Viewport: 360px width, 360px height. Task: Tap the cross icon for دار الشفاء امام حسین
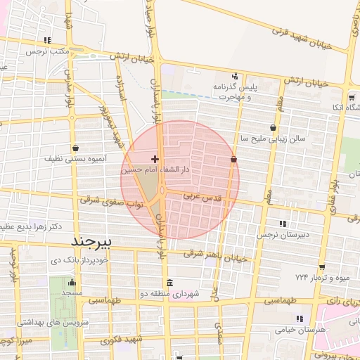[x=155, y=160]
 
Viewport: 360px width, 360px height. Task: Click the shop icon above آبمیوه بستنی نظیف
[x=75, y=148]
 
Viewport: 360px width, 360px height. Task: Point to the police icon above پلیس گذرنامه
[x=235, y=77]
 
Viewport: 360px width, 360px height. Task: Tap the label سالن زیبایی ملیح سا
[x=272, y=139]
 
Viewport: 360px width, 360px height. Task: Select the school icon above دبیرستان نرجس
[x=283, y=224]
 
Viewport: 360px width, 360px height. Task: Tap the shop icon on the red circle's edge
[x=233, y=160]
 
